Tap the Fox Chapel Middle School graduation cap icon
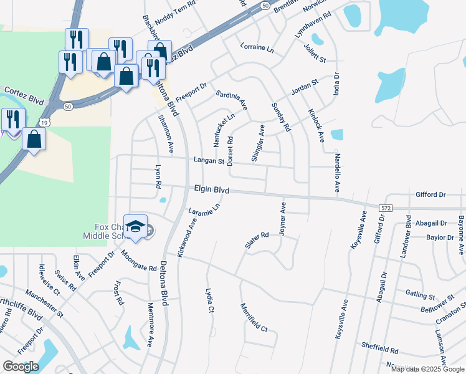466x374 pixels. click(x=135, y=226)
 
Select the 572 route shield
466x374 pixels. click(x=386, y=206)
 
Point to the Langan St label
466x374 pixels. click(x=208, y=161)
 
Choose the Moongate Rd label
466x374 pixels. click(x=138, y=261)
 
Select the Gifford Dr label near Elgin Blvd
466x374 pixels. click(x=430, y=195)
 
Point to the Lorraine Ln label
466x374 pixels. click(x=257, y=47)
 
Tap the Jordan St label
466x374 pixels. click(x=305, y=86)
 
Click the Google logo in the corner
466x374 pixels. click(x=21, y=367)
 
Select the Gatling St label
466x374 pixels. click(x=420, y=295)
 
